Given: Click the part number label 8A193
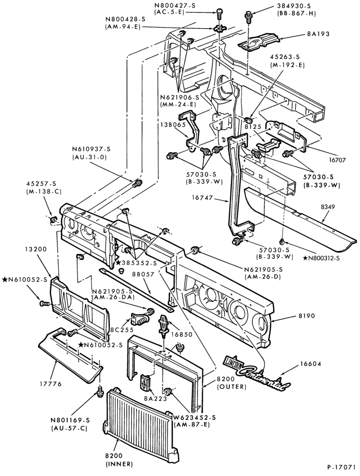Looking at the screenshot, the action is pos(319,34).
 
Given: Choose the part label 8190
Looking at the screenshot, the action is pos(305,316).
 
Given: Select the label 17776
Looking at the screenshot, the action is pos(51,384).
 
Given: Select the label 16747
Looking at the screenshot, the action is pos(202,198).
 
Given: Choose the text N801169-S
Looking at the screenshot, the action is pos(70,420).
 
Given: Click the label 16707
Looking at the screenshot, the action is pos(336,159).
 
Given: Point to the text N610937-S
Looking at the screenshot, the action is pos(91,149).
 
